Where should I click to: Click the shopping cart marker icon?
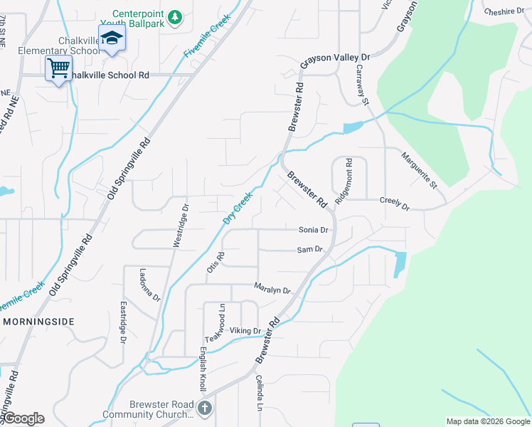(58, 68)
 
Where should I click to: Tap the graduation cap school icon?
(112, 38)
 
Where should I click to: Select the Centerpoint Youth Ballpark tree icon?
(177, 16)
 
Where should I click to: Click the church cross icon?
(205, 408)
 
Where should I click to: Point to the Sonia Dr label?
(313, 230)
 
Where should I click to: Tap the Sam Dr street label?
(310, 250)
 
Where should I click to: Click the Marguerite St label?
(418, 170)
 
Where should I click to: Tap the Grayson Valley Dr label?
(336, 61)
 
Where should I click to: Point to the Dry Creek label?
(238, 208)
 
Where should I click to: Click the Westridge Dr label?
(181, 226)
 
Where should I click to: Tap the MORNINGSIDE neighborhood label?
(38, 322)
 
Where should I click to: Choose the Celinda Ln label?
(260, 393)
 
